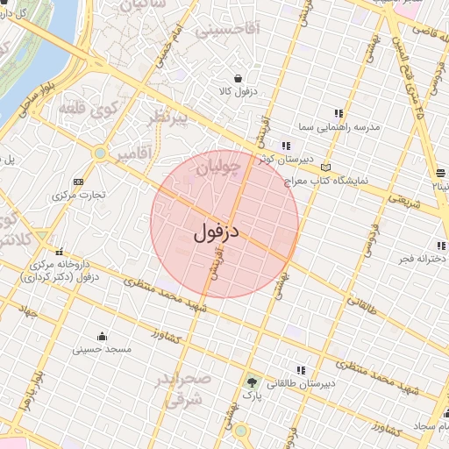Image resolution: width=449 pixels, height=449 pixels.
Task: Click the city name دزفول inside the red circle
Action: click(216, 232)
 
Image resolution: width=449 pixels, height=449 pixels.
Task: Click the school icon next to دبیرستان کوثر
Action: click(285, 146)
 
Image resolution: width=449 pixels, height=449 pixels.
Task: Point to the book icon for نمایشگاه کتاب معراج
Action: click(326, 167)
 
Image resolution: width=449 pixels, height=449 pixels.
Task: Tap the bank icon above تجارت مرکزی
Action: click(78, 182)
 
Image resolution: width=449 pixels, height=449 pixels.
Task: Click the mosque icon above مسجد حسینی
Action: click(103, 336)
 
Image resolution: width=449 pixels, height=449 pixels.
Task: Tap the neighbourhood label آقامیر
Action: click(132, 153)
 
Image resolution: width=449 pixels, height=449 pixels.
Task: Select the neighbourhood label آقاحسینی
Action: click(227, 30)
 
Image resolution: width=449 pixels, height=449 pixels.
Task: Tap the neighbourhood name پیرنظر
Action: click(169, 118)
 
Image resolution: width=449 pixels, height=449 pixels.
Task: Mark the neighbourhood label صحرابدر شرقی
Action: click(185, 388)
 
